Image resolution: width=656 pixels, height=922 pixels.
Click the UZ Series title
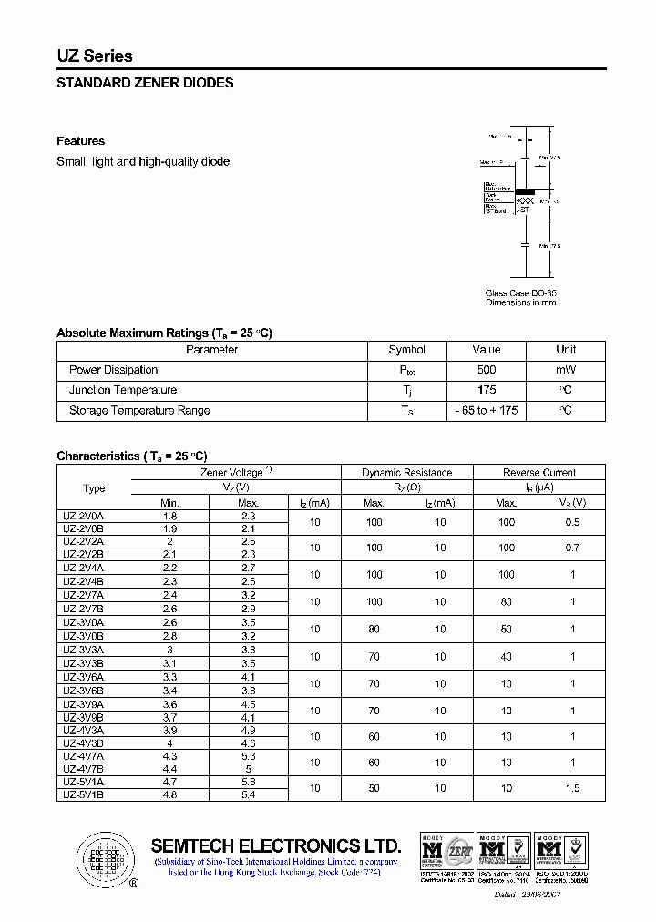tap(95, 56)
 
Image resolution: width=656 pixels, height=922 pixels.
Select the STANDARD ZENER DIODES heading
tap(145, 83)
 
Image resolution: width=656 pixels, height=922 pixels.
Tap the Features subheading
tap(80, 141)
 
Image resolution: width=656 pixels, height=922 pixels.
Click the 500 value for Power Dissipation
tap(487, 370)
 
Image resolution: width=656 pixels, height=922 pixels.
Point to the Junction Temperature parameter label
tap(123, 390)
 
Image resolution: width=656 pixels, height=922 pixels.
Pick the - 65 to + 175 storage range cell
tap(487, 411)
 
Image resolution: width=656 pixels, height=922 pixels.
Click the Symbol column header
tap(406, 350)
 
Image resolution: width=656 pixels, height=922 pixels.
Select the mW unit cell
tap(566, 370)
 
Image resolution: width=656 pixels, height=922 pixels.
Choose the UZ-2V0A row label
tap(83, 516)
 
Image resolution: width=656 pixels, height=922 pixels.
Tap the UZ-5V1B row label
tap(83, 794)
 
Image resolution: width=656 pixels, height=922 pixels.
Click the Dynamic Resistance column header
tap(406, 473)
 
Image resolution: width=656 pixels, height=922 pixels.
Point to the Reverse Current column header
tap(539, 473)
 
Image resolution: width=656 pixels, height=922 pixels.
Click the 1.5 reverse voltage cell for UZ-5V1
tap(572, 788)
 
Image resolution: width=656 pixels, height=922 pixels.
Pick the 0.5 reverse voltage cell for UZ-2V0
tap(572, 522)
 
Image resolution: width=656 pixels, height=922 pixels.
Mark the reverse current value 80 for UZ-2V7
tap(507, 602)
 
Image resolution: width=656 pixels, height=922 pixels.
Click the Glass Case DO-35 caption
tap(520, 293)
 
